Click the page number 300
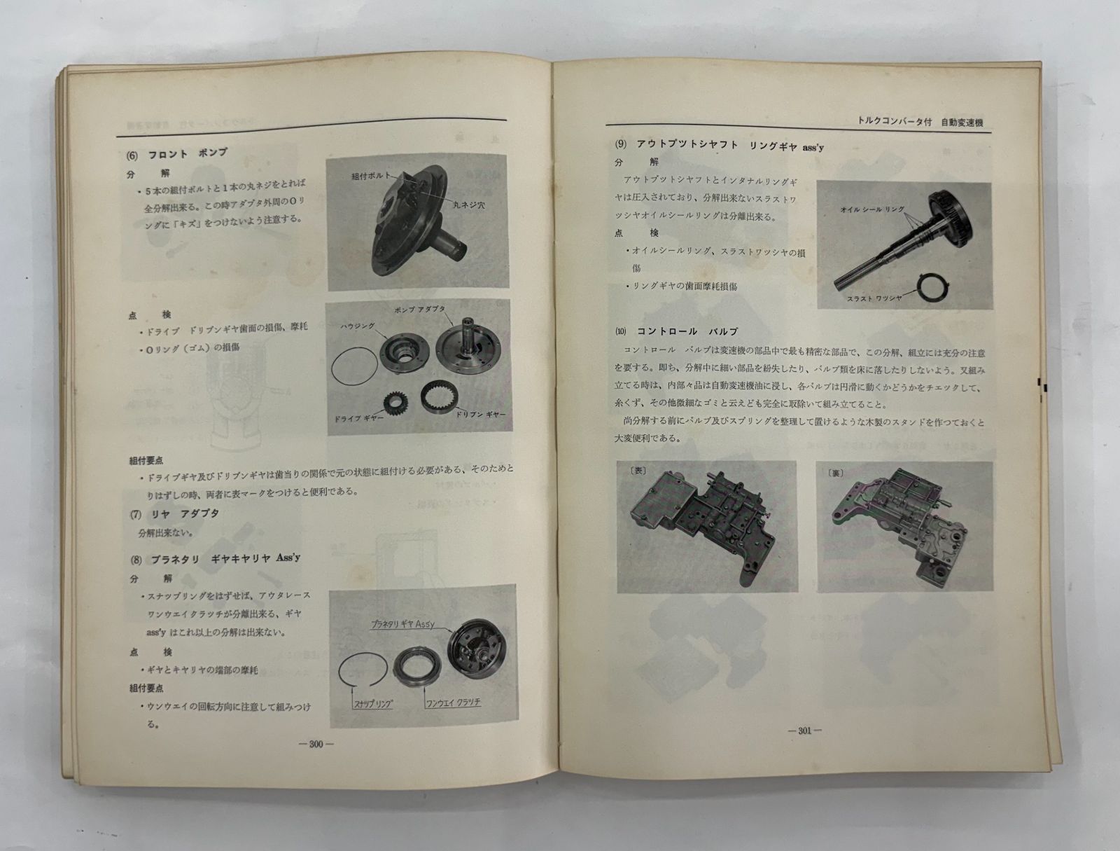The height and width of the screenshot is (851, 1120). [x=316, y=745]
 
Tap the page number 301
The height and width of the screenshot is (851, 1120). [x=804, y=731]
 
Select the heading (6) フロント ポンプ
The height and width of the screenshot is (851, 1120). [x=177, y=153]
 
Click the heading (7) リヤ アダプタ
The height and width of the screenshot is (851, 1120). [x=175, y=514]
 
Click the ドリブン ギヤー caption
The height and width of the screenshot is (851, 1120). [x=480, y=415]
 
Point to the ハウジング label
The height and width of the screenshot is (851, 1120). [x=359, y=326]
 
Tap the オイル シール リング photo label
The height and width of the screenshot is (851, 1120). [x=872, y=209]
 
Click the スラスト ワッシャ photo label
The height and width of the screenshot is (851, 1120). [x=874, y=298]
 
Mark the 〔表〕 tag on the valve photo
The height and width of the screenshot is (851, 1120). [x=639, y=471]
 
